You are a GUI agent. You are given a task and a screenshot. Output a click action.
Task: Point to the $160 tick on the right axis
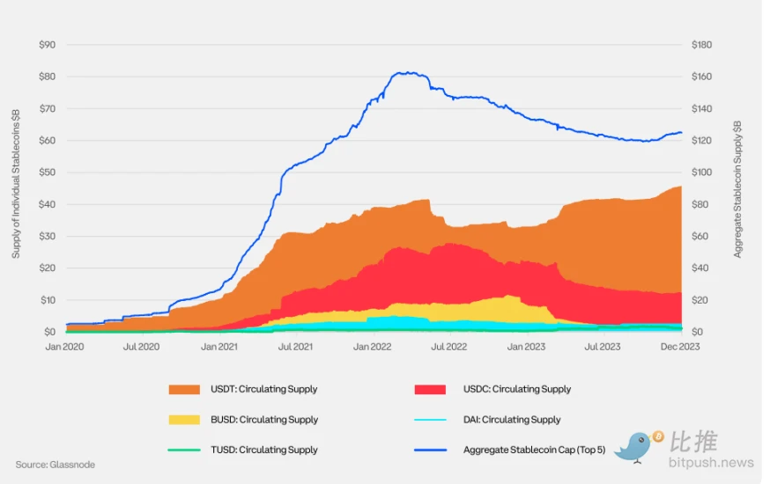pyautogui.click(x=702, y=77)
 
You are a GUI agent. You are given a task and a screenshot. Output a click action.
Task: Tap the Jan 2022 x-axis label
pyautogui.click(x=373, y=348)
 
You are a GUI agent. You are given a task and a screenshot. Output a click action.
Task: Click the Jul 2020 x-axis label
pyautogui.click(x=141, y=348)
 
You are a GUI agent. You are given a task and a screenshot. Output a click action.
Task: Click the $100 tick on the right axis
pyautogui.click(x=702, y=172)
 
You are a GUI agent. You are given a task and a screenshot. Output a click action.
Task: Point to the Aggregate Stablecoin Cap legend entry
pyautogui.click(x=527, y=450)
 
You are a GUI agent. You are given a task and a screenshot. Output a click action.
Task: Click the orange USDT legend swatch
pyautogui.click(x=185, y=389)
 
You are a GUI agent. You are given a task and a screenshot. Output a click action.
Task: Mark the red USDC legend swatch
pyautogui.click(x=433, y=389)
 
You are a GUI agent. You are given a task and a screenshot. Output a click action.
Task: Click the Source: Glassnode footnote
pyautogui.click(x=55, y=465)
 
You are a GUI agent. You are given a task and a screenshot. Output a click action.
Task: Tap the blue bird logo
pyautogui.click(x=636, y=446)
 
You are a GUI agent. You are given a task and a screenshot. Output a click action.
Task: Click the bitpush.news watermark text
pyautogui.click(x=712, y=463)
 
